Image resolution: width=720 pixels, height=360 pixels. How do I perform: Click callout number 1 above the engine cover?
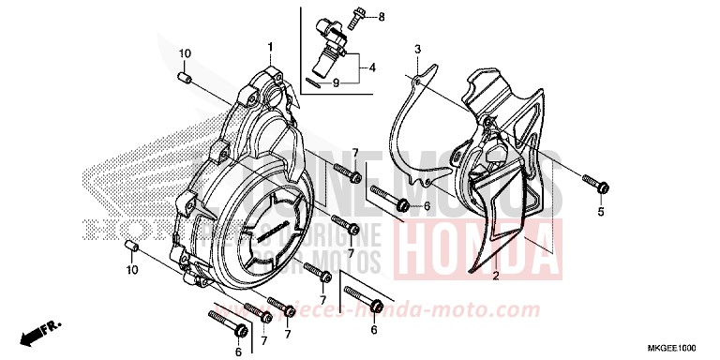269,45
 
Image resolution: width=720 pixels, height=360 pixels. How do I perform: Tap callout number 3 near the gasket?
418,49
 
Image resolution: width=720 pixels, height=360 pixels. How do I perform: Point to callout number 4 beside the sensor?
371,67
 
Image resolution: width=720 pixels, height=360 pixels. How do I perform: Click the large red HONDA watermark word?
469,242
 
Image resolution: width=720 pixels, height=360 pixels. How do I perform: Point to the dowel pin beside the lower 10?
132,247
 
